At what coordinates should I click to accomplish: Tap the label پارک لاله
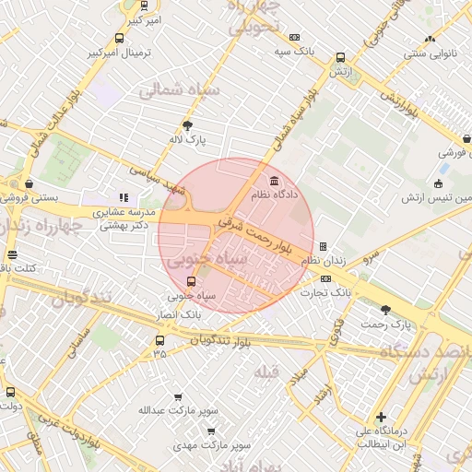189,139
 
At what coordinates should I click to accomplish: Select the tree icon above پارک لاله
189,124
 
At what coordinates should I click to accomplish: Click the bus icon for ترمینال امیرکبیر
119,38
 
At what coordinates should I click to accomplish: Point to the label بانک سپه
295,52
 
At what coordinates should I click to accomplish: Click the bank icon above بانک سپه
294,37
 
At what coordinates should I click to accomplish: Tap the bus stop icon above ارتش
341,57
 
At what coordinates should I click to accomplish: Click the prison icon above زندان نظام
323,246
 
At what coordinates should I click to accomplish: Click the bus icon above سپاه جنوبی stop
191,282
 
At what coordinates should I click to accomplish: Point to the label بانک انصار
179,314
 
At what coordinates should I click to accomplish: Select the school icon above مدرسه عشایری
124,196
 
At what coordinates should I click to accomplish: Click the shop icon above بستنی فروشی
30,183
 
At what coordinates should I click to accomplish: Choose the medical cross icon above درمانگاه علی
381,417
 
